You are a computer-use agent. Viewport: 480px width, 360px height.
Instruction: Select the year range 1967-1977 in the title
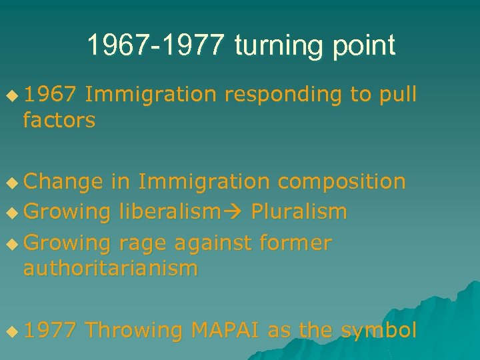(x=158, y=45)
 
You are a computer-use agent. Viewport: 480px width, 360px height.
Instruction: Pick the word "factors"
(x=59, y=121)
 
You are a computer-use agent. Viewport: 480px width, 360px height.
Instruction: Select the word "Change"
(x=63, y=181)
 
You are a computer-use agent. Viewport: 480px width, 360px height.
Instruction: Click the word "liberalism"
(x=169, y=212)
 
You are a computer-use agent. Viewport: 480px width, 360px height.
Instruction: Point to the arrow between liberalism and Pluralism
(x=233, y=213)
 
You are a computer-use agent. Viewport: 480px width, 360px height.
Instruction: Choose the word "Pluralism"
(x=299, y=212)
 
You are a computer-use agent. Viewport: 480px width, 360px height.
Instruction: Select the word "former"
(x=296, y=243)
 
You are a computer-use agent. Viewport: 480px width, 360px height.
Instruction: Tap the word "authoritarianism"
(x=111, y=269)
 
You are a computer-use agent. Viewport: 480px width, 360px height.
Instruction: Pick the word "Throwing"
(x=134, y=330)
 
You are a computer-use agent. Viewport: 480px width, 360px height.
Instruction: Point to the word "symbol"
(x=379, y=330)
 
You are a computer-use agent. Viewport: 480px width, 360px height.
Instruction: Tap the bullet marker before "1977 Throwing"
(x=12, y=331)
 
